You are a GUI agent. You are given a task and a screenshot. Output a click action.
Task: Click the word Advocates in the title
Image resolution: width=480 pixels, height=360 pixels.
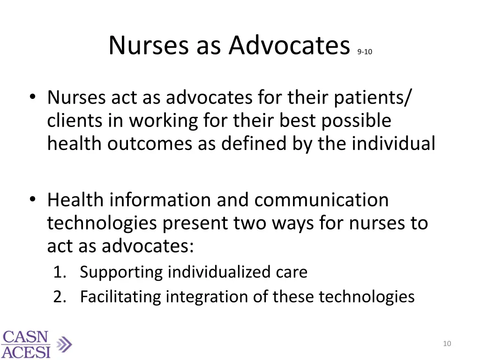pyautogui.click(x=289, y=46)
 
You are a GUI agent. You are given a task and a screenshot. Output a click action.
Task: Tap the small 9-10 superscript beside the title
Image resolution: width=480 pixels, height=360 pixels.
pyautogui.click(x=364, y=52)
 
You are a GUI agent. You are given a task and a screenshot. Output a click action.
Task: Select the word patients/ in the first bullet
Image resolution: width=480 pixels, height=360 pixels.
pyautogui.click(x=373, y=98)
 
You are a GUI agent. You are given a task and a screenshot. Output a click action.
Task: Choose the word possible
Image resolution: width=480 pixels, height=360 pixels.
pyautogui.click(x=356, y=120)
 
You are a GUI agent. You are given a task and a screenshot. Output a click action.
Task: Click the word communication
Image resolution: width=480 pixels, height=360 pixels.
pyautogui.click(x=322, y=200)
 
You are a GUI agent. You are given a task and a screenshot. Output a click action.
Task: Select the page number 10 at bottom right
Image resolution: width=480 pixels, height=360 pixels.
pyautogui.click(x=447, y=344)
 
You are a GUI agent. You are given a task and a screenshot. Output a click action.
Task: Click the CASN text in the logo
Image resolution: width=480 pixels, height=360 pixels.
pyautogui.click(x=25, y=337)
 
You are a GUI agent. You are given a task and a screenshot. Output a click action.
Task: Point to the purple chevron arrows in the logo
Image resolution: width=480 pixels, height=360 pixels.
pyautogui.click(x=65, y=345)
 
